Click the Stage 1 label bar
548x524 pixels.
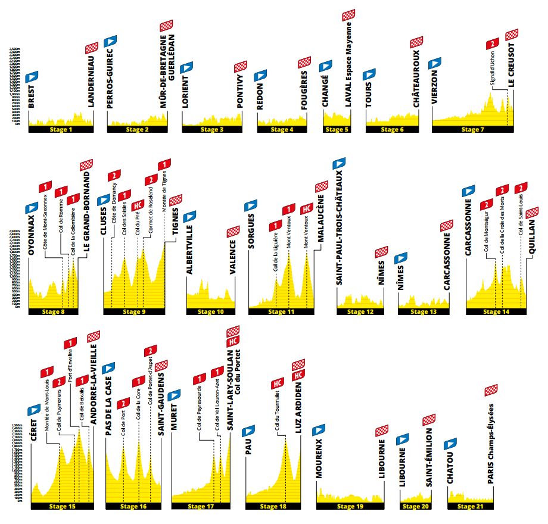click(x=62, y=129)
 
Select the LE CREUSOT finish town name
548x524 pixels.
click(x=511, y=66)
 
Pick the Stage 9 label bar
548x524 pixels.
click(x=134, y=311)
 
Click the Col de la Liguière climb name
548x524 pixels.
click(x=276, y=256)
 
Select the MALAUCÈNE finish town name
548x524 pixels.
click(x=320, y=219)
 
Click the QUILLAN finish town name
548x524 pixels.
click(x=532, y=237)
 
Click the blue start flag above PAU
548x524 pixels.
click(x=248, y=431)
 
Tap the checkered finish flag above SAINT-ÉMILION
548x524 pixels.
click(x=428, y=420)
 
